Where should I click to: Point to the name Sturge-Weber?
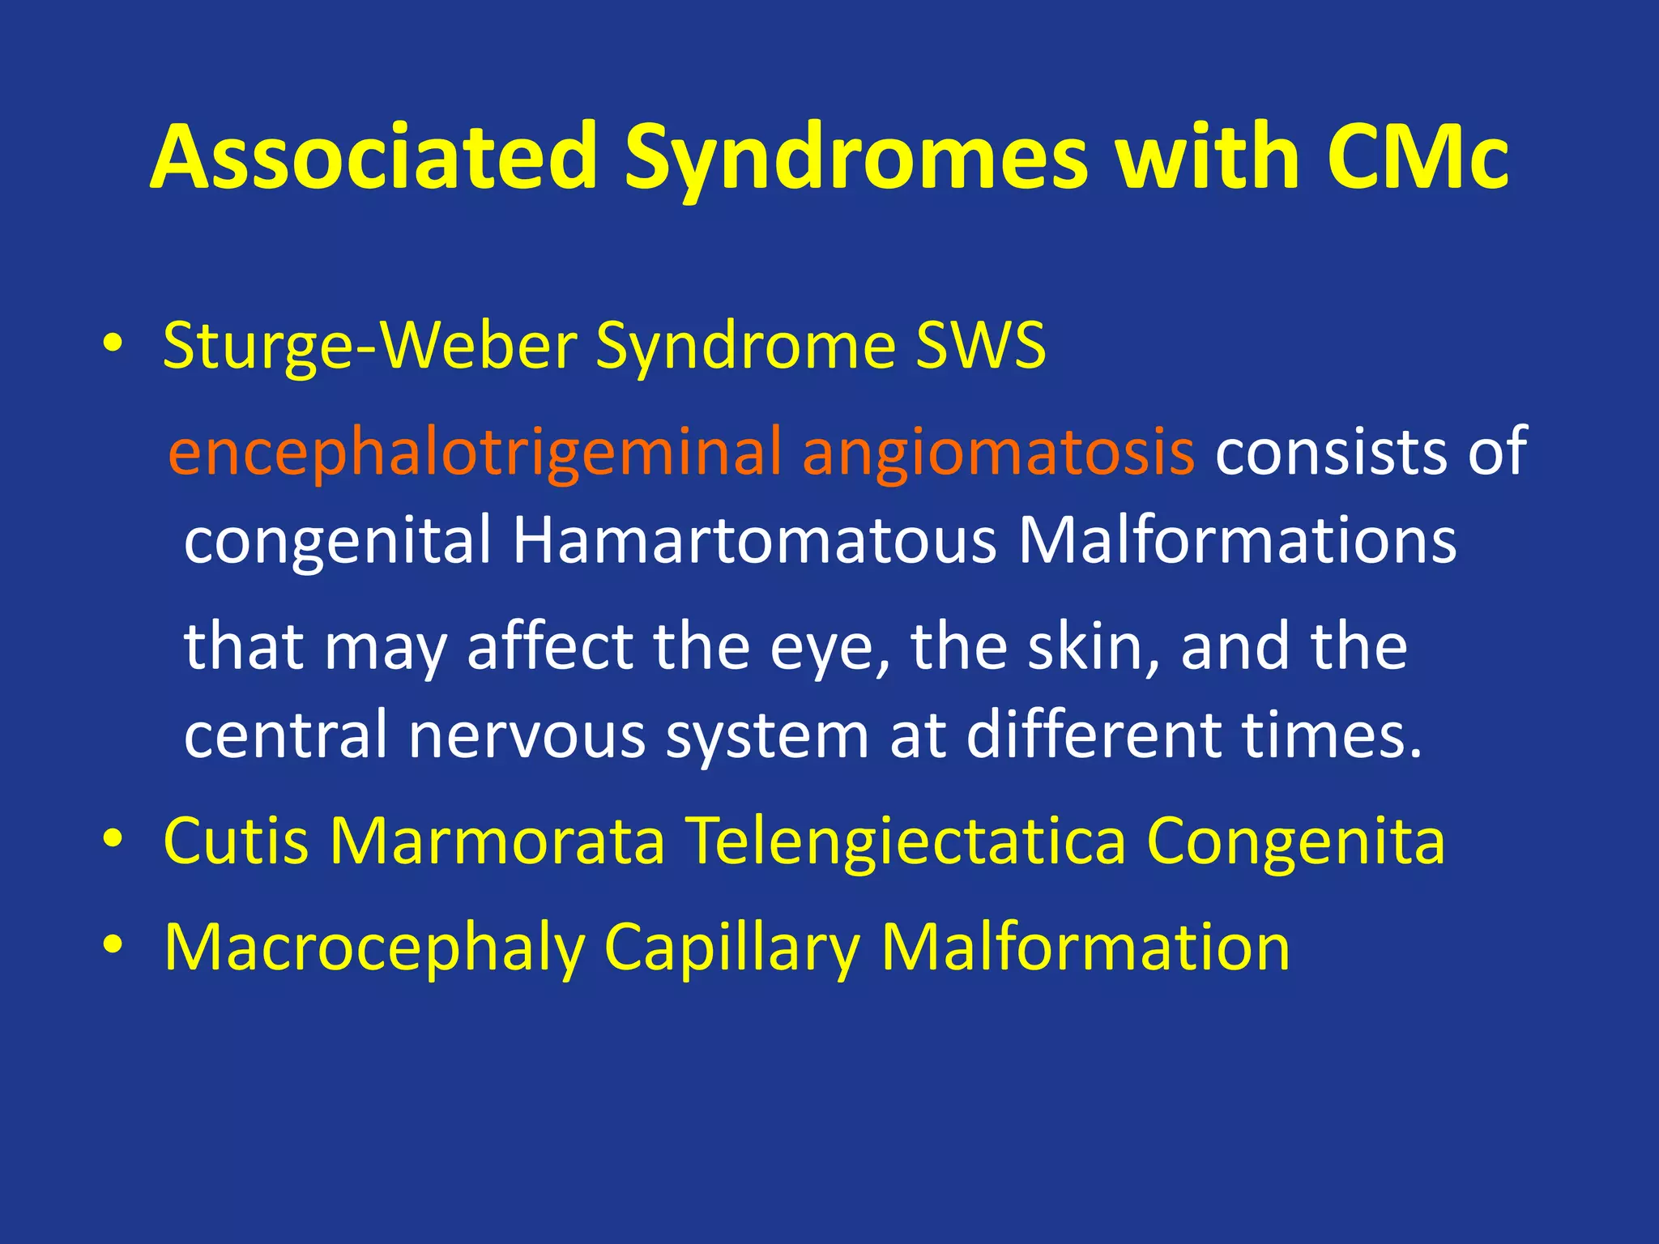369,346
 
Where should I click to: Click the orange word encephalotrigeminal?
475,452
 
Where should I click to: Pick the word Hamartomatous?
754,540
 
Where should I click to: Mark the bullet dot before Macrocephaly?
113,945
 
